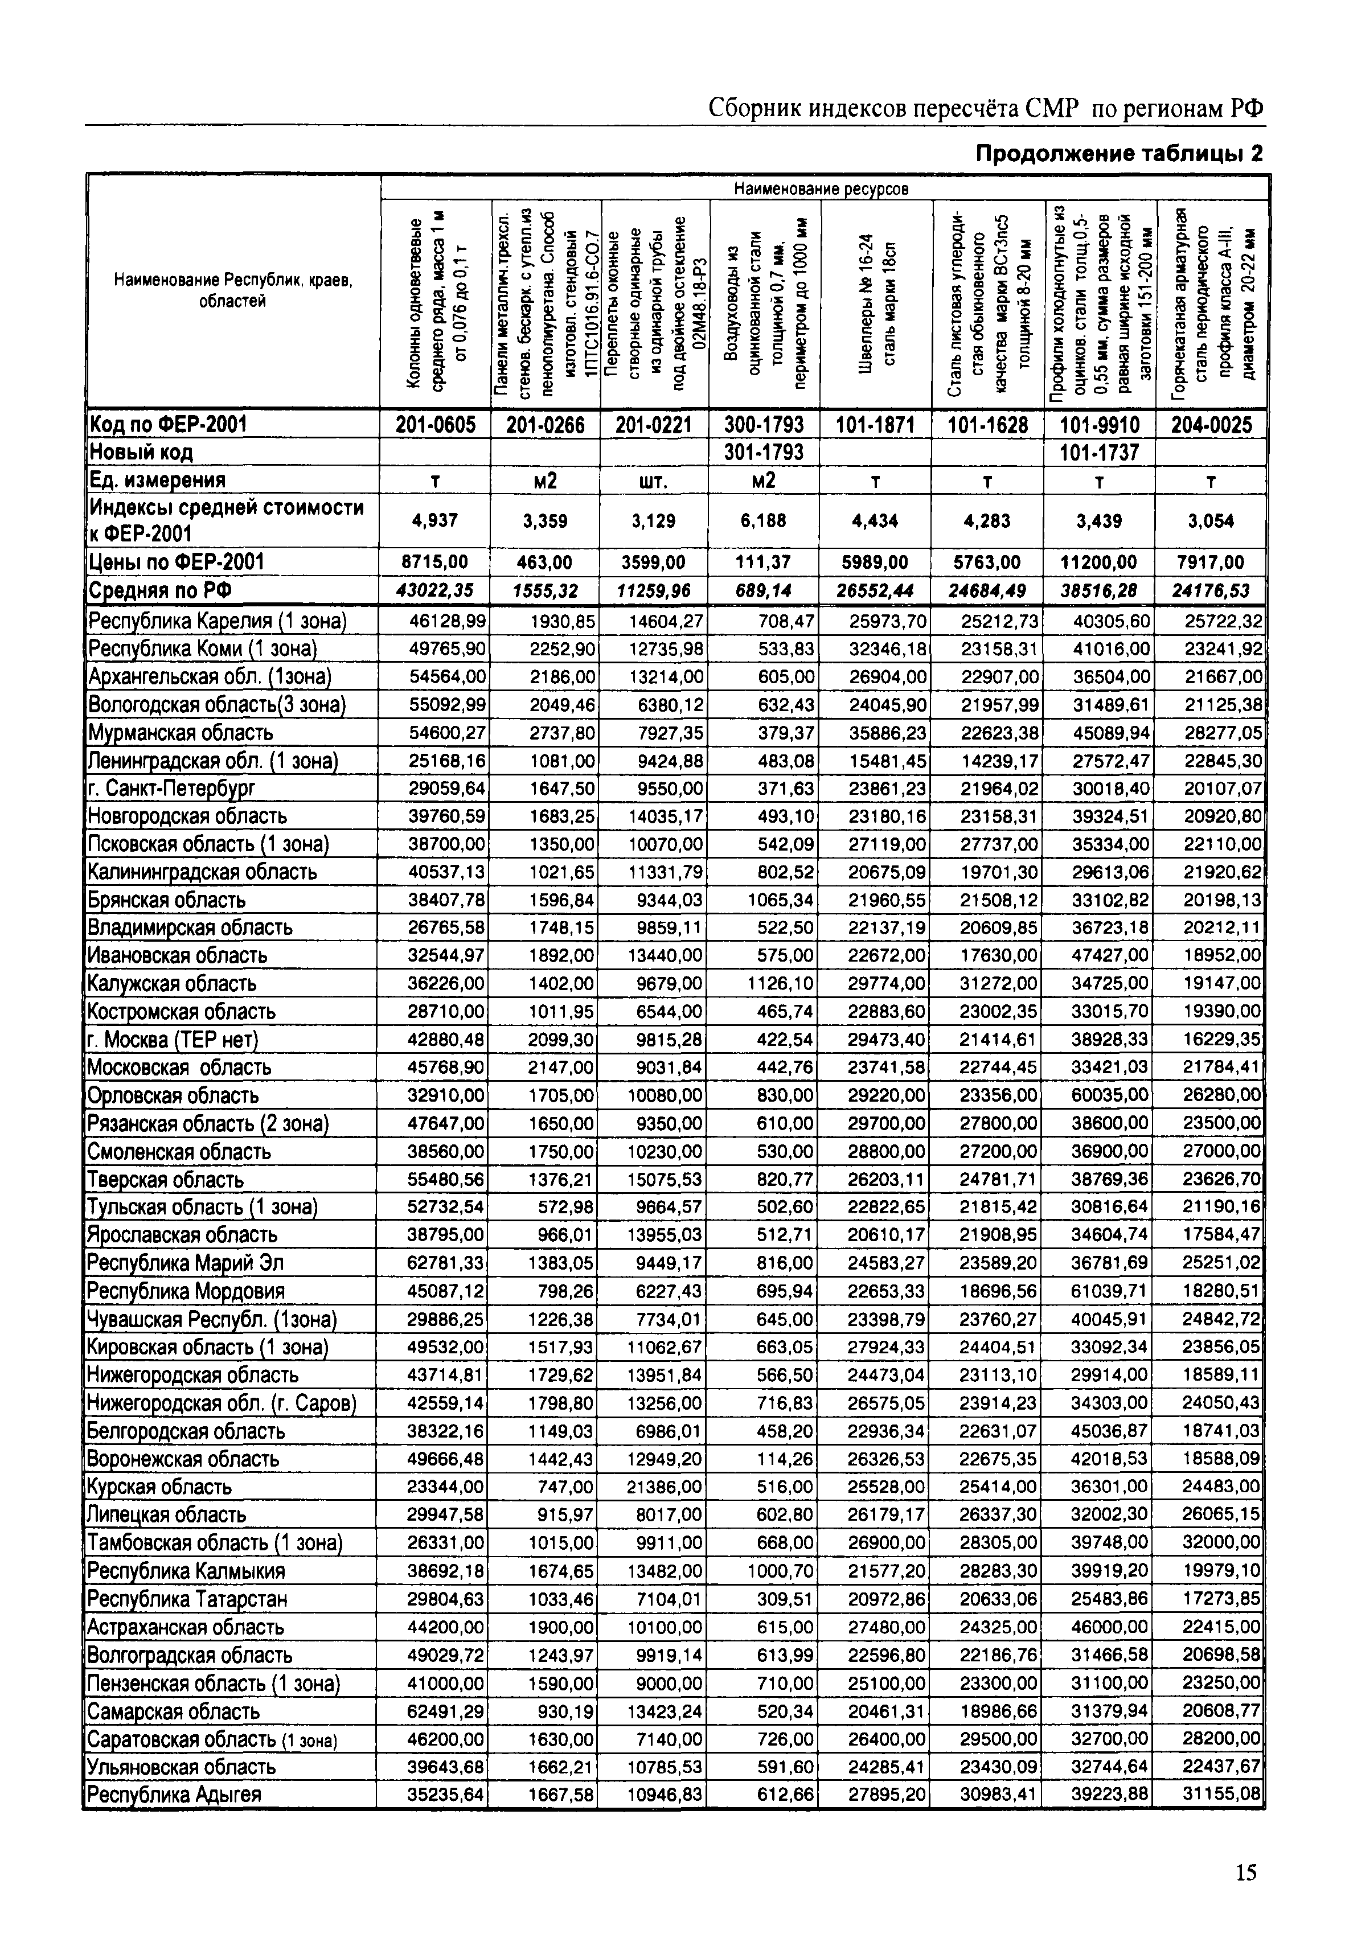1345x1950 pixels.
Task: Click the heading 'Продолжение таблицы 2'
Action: coord(1119,154)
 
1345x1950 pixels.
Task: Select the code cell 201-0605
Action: coord(435,425)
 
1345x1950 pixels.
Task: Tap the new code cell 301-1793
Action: coord(764,453)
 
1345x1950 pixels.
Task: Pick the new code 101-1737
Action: coord(1099,453)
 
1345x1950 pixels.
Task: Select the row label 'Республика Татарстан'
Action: coord(187,1599)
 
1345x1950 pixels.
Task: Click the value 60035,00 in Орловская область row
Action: coord(1110,1095)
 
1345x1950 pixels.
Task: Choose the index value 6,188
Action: coord(764,521)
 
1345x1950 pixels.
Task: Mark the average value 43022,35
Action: coord(435,591)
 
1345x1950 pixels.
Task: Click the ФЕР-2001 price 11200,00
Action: coord(1099,562)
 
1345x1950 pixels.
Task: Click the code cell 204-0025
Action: coord(1211,425)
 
